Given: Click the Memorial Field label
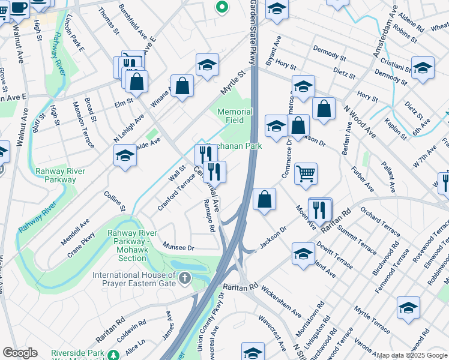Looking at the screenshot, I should (x=235, y=116).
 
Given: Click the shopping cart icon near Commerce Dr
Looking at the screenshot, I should (x=306, y=174).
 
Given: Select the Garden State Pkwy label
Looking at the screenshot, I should (x=253, y=33).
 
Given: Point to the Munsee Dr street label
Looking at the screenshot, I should (x=179, y=247).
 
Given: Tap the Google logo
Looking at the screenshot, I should (x=20, y=353).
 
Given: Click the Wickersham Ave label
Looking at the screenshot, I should (x=280, y=305).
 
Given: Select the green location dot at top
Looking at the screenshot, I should (x=221, y=8).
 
